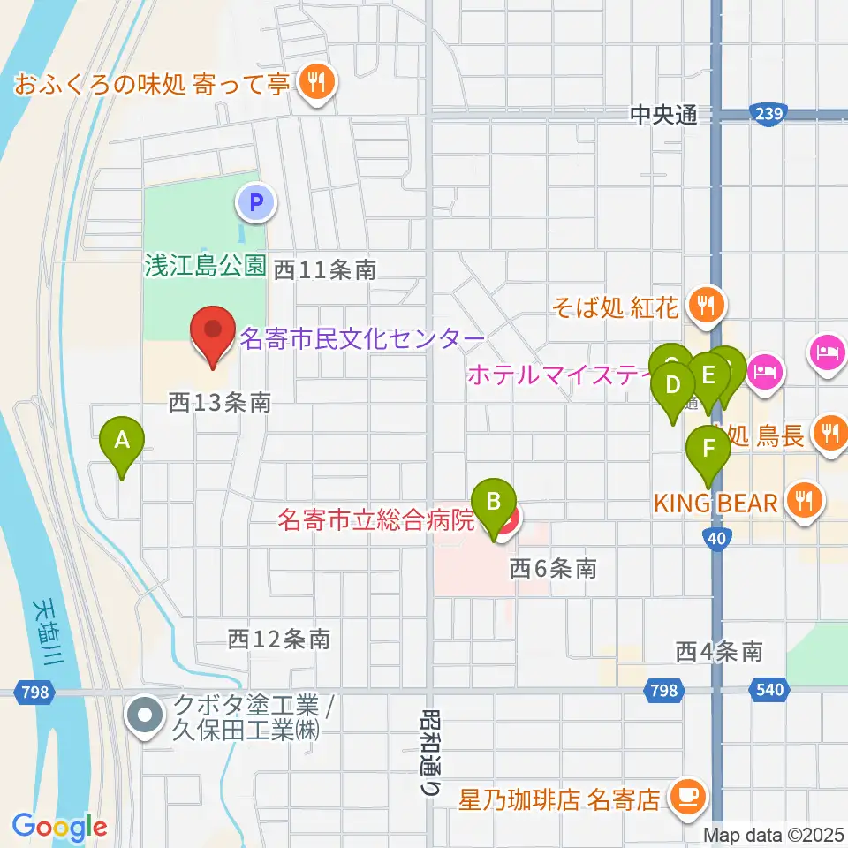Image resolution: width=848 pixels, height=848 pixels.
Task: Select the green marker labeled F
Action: [708, 450]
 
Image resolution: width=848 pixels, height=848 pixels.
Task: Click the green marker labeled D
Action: [673, 387]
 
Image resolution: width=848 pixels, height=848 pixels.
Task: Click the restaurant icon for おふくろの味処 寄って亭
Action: [314, 84]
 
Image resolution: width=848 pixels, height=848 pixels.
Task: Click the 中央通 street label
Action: [663, 113]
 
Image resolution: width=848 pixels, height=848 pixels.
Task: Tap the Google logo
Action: [59, 828]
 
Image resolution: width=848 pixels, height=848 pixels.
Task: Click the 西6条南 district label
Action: [553, 569]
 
